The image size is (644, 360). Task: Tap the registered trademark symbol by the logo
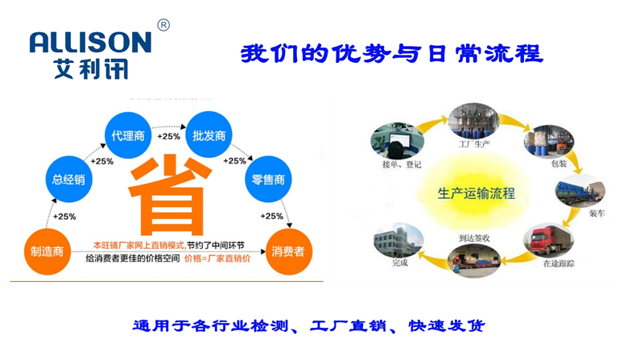click(163, 25)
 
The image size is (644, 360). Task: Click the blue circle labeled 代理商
click(128, 135)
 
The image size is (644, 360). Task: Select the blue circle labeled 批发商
click(208, 135)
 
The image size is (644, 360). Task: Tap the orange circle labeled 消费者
click(287, 251)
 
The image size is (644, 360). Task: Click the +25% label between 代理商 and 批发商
click(168, 136)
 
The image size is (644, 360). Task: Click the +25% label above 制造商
click(64, 216)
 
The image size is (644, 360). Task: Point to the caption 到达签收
click(475, 238)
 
